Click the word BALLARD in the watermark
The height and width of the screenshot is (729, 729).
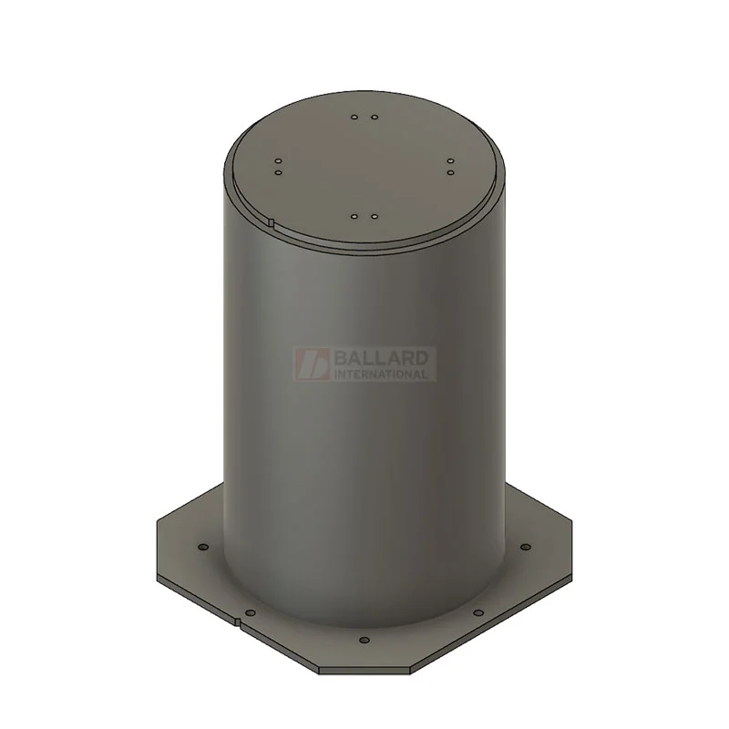(x=381, y=358)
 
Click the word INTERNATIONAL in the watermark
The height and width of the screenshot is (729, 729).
(x=381, y=374)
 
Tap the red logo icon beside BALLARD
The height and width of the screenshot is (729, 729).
(x=313, y=364)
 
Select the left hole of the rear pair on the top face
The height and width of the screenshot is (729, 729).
(x=354, y=118)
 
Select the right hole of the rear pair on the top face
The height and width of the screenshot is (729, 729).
(x=375, y=118)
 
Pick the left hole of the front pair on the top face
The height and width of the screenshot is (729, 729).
(x=354, y=217)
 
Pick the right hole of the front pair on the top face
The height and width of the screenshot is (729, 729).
(x=375, y=217)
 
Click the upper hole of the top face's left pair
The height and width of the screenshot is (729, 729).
(x=279, y=161)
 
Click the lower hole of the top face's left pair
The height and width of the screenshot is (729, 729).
(x=279, y=172)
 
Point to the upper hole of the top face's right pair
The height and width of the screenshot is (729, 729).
(x=450, y=161)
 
